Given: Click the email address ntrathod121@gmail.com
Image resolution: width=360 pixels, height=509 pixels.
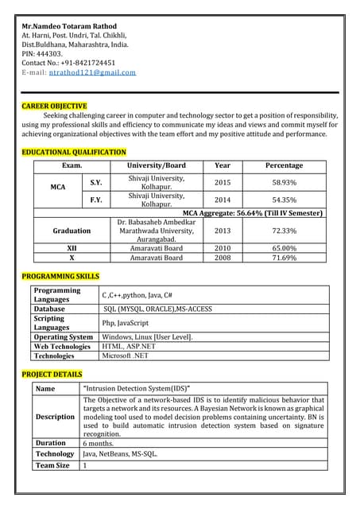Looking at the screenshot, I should click(x=92, y=72).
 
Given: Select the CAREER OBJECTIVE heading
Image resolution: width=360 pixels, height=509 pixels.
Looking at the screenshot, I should click(x=54, y=106).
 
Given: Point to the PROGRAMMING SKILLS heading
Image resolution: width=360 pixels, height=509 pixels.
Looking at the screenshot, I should click(x=60, y=276).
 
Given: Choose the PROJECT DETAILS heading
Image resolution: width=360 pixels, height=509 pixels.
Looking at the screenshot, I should click(x=52, y=374).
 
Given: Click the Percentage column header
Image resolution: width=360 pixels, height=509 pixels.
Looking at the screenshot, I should click(x=284, y=165).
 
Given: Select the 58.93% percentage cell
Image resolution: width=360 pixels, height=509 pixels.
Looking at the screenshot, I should click(x=284, y=182).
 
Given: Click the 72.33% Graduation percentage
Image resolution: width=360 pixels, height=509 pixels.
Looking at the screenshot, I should click(x=284, y=231).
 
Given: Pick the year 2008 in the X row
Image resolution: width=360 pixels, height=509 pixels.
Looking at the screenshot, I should click(x=223, y=258).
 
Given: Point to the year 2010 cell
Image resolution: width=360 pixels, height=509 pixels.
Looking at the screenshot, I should click(x=223, y=248).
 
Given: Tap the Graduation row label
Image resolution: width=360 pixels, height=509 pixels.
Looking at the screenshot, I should click(x=72, y=231).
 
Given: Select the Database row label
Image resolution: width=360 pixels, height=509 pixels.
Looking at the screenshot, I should click(x=49, y=309).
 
